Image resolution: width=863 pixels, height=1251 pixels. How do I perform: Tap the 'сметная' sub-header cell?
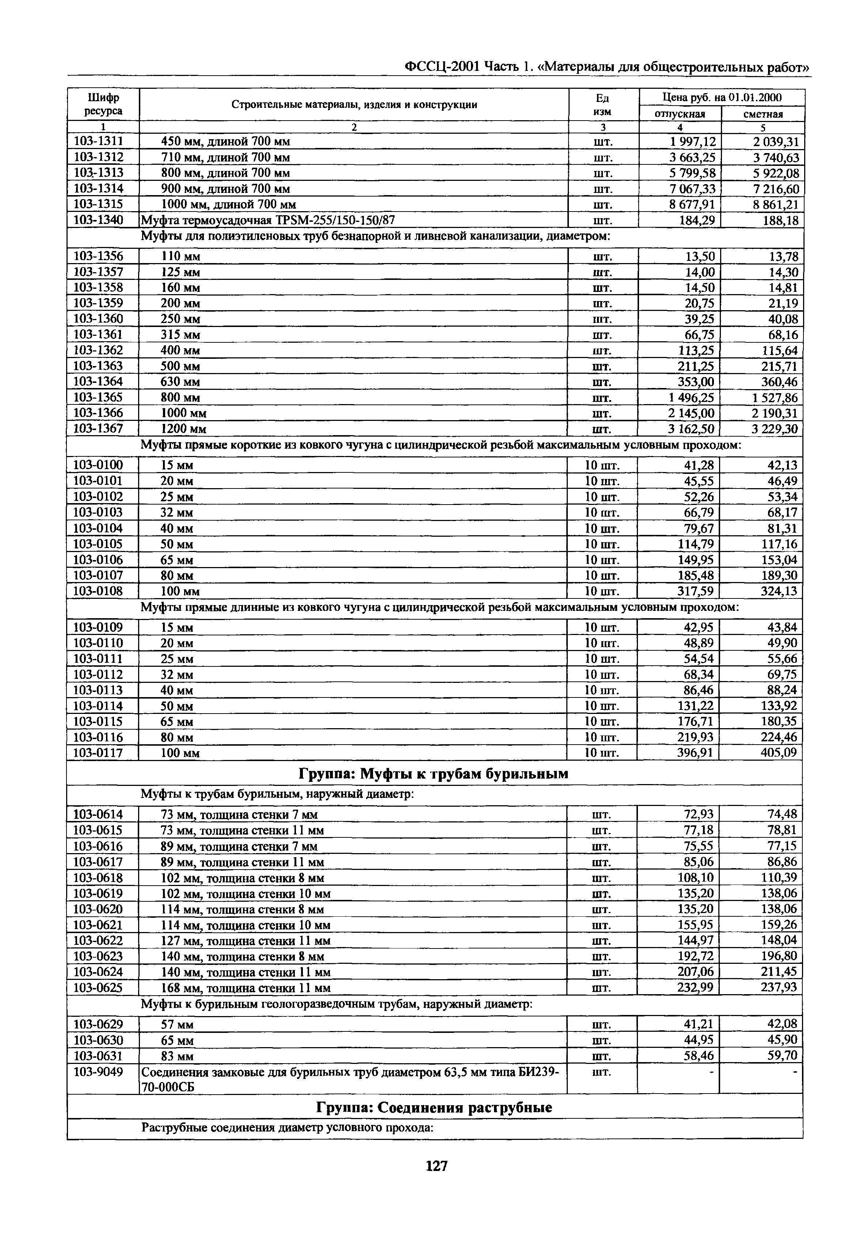pyautogui.click(x=763, y=114)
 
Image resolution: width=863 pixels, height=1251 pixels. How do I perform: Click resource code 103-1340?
pyautogui.click(x=98, y=220)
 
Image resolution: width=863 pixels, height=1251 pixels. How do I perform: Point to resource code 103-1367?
pyautogui.click(x=98, y=429)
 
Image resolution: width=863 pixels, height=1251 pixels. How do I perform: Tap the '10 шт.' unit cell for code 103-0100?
pyautogui.click(x=602, y=465)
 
